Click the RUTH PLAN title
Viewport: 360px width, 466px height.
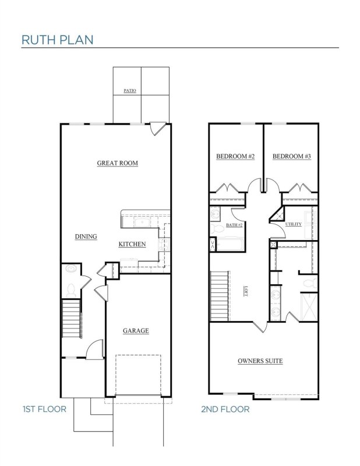[x=57, y=40]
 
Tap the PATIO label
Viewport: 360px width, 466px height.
[x=129, y=91]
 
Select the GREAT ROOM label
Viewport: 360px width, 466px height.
[x=117, y=164]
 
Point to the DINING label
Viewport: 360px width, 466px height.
[x=86, y=236]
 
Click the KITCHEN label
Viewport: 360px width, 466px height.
[x=132, y=244]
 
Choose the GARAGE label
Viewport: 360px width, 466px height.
[x=136, y=331]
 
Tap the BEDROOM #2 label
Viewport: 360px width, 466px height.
[x=235, y=157]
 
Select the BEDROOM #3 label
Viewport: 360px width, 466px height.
[x=291, y=157]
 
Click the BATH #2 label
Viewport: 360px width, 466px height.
[x=234, y=224]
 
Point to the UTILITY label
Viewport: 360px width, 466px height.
[x=293, y=224]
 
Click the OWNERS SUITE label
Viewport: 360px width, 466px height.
[x=260, y=361]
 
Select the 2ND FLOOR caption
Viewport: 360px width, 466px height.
[x=225, y=409]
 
